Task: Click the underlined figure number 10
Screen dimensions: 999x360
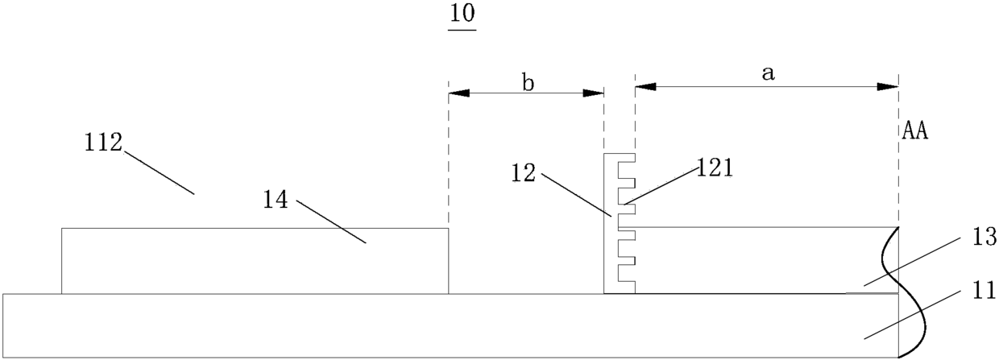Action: [x=462, y=14]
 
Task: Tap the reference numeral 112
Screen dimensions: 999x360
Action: [x=103, y=143]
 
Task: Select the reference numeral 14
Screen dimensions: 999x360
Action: [x=276, y=200]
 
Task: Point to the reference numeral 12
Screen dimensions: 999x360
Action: [x=523, y=172]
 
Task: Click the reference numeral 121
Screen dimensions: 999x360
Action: [x=715, y=168]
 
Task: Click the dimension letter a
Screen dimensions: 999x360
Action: [x=768, y=73]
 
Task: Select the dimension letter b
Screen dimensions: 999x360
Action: [x=528, y=83]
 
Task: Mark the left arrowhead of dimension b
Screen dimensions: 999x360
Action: [x=459, y=93]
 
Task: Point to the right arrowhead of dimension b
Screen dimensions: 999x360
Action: [x=594, y=93]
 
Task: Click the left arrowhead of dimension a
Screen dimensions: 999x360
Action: [x=645, y=87]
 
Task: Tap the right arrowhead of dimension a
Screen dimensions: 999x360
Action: [x=888, y=87]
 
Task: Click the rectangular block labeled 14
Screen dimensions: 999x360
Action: [x=255, y=261]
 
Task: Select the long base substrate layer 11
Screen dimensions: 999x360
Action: [x=450, y=325]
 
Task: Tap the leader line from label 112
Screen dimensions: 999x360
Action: [x=160, y=172]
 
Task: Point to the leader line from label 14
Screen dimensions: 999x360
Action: [x=331, y=222]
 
